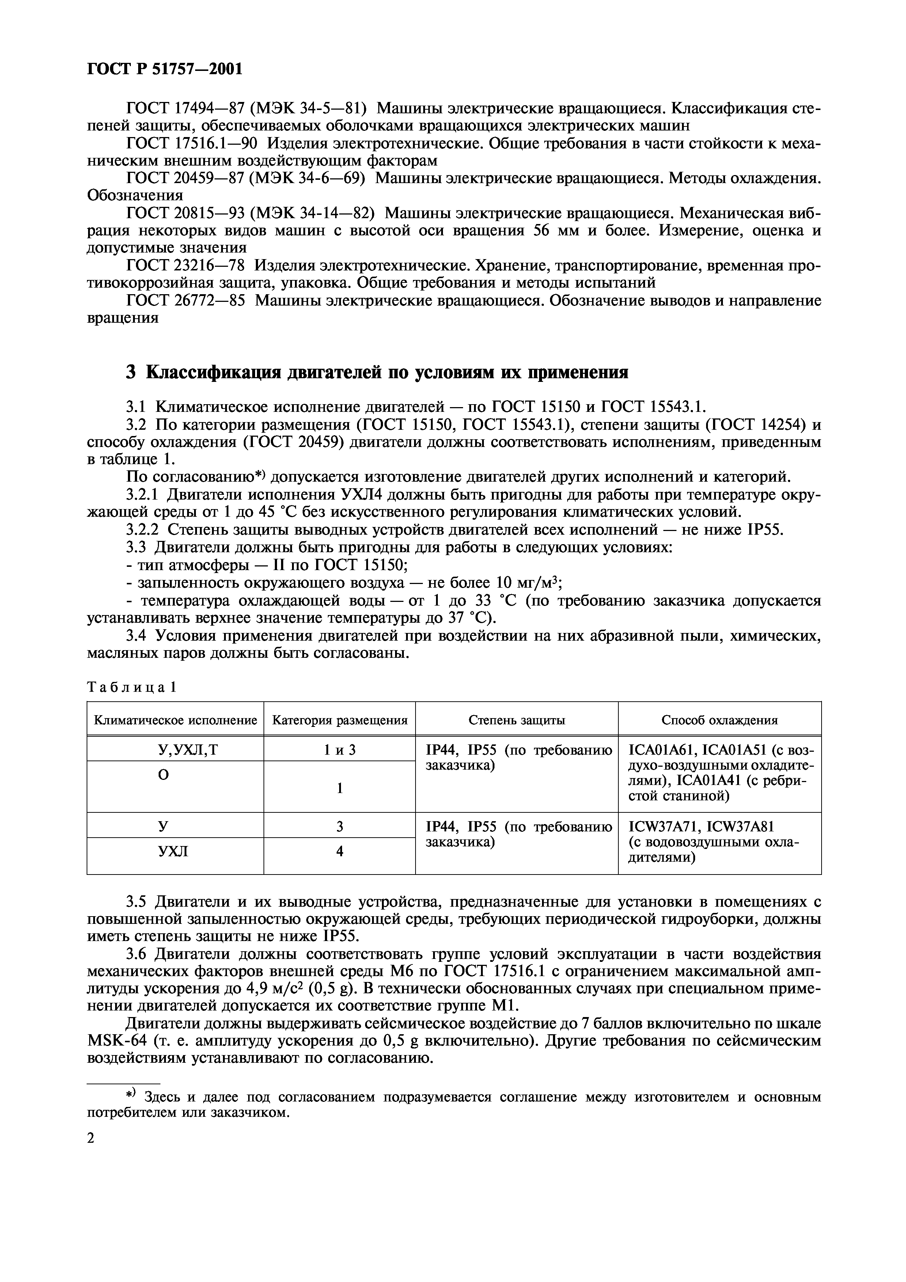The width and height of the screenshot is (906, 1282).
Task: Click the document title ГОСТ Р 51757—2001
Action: click(x=165, y=69)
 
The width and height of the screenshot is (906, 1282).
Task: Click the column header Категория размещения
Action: click(x=340, y=720)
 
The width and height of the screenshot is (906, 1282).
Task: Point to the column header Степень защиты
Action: click(x=516, y=720)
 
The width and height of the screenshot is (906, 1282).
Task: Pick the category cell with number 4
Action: click(x=340, y=851)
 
